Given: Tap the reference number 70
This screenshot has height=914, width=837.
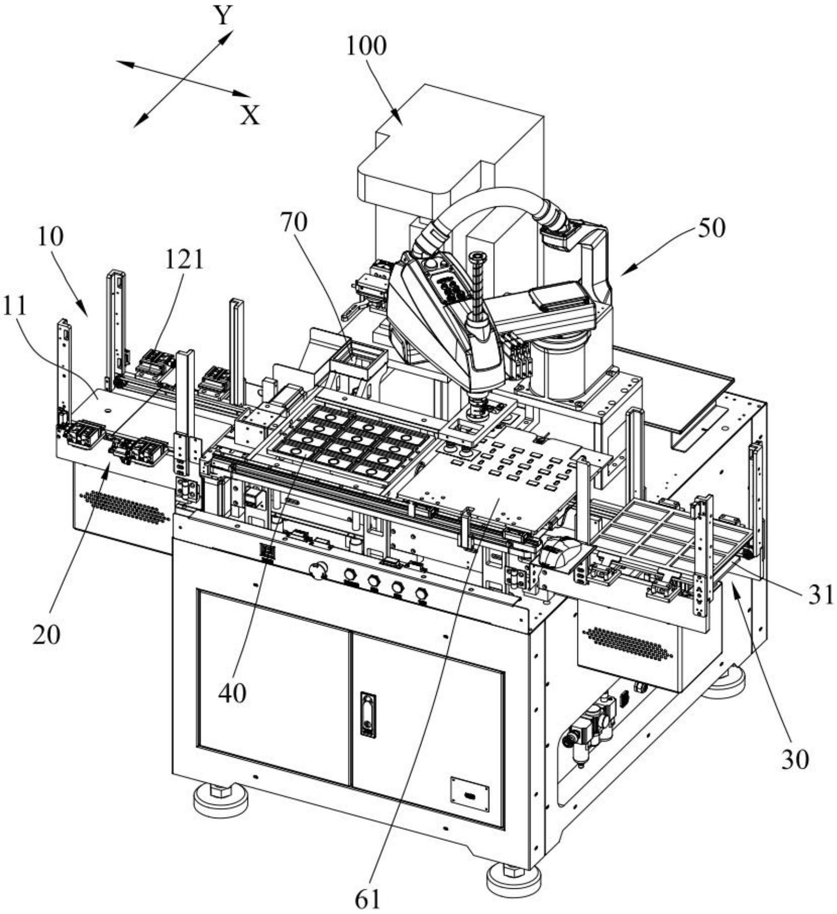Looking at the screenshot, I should [x=294, y=223].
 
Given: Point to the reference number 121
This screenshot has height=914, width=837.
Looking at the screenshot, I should [x=184, y=260].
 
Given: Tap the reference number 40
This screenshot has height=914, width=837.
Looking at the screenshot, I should [x=232, y=693].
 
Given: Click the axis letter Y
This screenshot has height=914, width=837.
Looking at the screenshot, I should [x=224, y=15].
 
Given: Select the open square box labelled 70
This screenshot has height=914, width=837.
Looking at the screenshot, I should [x=358, y=363].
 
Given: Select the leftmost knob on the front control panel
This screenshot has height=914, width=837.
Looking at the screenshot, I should [x=318, y=569].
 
